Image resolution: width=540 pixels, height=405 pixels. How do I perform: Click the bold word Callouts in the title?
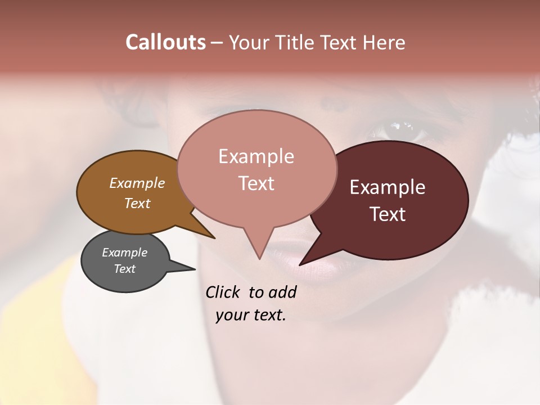[x=166, y=42]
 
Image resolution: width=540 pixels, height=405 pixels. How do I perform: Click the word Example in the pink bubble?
[x=256, y=156]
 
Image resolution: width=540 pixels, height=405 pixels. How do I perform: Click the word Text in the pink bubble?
[x=256, y=183]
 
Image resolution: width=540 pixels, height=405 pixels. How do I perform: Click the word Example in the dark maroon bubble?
[x=388, y=187]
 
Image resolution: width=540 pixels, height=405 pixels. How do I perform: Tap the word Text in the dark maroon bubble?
[x=388, y=214]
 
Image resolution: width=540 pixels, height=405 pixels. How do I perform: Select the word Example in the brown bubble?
[x=137, y=183]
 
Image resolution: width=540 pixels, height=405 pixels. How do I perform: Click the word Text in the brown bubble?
[x=137, y=203]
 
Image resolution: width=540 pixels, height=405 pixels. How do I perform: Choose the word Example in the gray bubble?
[x=124, y=253]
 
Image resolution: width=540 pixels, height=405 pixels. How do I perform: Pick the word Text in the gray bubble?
[x=125, y=269]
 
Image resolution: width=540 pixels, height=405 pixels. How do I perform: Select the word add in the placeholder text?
[x=282, y=292]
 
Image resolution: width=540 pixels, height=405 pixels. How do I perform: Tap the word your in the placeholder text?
[x=231, y=315]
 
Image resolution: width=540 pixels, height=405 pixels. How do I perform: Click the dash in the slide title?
[x=218, y=43]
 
